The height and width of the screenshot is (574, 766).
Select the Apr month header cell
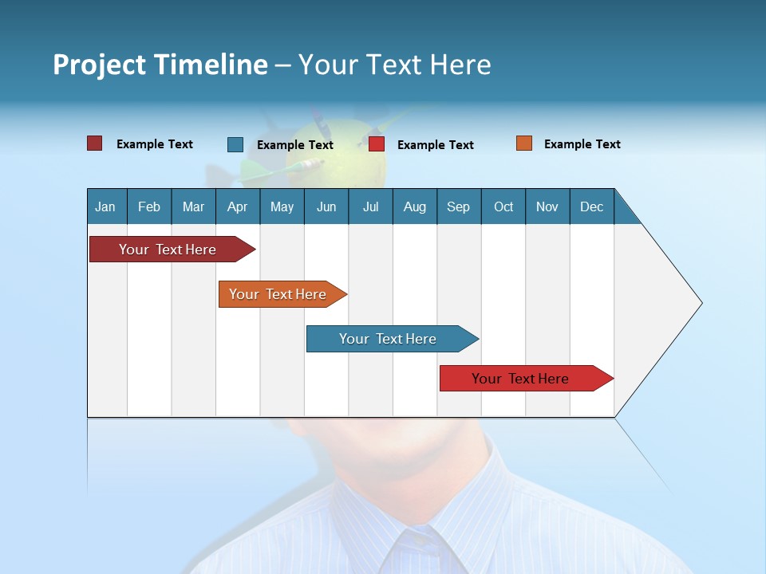pos(237,206)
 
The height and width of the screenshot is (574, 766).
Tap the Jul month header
pos(370,206)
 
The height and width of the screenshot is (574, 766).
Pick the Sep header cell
pos(458,206)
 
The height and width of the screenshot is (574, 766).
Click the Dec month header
pos(591,206)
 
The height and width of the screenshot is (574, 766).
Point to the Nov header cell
pos(547,206)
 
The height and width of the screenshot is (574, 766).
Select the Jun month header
pos(326,206)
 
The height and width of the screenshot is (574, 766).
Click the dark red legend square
pos(94,143)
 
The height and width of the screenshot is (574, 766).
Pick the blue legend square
pos(235,144)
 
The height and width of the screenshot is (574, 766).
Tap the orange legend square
pos(524,143)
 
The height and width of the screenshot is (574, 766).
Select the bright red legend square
pos(377,144)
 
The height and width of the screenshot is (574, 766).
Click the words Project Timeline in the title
pos(160,65)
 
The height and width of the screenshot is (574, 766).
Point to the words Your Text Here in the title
pos(394,65)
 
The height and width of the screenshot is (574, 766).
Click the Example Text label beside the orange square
pos(582,143)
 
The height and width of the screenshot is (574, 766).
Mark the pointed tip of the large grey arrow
pos(700,303)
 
